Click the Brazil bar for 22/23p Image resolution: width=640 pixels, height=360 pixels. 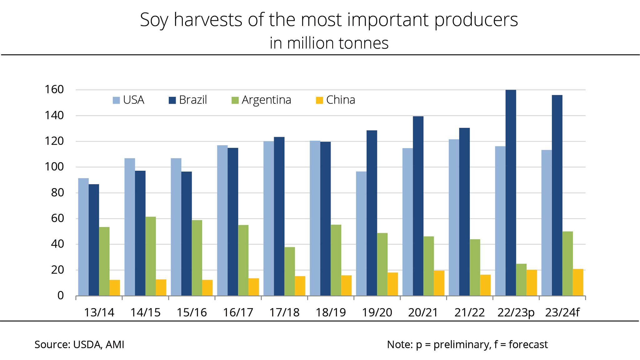pyautogui.click(x=511, y=193)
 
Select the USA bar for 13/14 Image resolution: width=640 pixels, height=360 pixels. pyautogui.click(x=83, y=237)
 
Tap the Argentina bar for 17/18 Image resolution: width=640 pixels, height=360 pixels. pyautogui.click(x=289, y=271)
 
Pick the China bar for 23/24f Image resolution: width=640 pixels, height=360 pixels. pyautogui.click(x=578, y=282)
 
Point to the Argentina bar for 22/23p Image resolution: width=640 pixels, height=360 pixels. pyautogui.click(x=521, y=280)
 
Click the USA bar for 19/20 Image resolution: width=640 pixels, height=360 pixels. pyautogui.click(x=361, y=233)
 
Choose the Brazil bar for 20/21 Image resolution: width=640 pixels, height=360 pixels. pyautogui.click(x=418, y=206)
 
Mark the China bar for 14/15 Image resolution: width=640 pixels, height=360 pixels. pyautogui.click(x=161, y=287)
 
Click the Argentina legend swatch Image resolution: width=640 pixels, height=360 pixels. pyautogui.click(x=235, y=100)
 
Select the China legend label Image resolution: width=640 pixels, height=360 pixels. pyautogui.click(x=341, y=100)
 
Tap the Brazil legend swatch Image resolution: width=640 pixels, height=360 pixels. pyautogui.click(x=172, y=100)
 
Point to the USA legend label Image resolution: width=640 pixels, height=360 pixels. pyautogui.click(x=133, y=100)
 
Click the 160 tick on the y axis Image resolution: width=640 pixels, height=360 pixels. pyautogui.click(x=54, y=90)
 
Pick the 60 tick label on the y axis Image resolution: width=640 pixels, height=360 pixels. pyautogui.click(x=57, y=218)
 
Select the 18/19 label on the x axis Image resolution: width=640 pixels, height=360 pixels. pyautogui.click(x=331, y=312)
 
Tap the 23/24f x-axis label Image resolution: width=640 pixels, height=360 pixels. pyautogui.click(x=562, y=312)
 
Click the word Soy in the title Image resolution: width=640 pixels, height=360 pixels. pyautogui.click(x=154, y=20)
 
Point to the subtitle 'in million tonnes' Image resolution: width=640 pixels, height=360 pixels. pyautogui.click(x=329, y=43)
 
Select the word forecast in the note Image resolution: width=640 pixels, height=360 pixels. pyautogui.click(x=528, y=345)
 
